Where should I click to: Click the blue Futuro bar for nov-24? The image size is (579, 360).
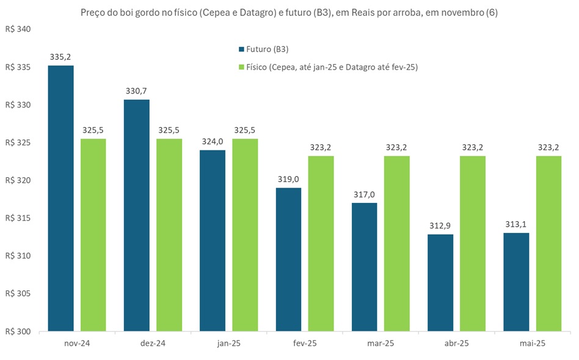click(x=60, y=199)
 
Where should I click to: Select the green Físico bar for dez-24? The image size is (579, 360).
click(x=169, y=235)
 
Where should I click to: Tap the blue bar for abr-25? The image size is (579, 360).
click(x=441, y=283)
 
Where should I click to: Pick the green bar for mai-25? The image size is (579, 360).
click(x=548, y=244)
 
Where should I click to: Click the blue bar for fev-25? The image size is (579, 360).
click(x=288, y=260)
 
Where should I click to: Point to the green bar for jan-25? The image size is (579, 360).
click(x=245, y=235)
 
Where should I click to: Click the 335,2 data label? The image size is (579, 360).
click(x=60, y=57)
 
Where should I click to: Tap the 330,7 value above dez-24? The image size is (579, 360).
click(x=136, y=91)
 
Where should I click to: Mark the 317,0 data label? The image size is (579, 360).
click(x=365, y=194)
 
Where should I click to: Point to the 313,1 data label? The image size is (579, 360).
click(x=517, y=224)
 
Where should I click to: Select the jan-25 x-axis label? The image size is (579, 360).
click(x=228, y=343)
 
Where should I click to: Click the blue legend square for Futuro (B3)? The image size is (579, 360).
click(x=241, y=50)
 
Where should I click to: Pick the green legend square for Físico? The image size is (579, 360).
click(x=241, y=68)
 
